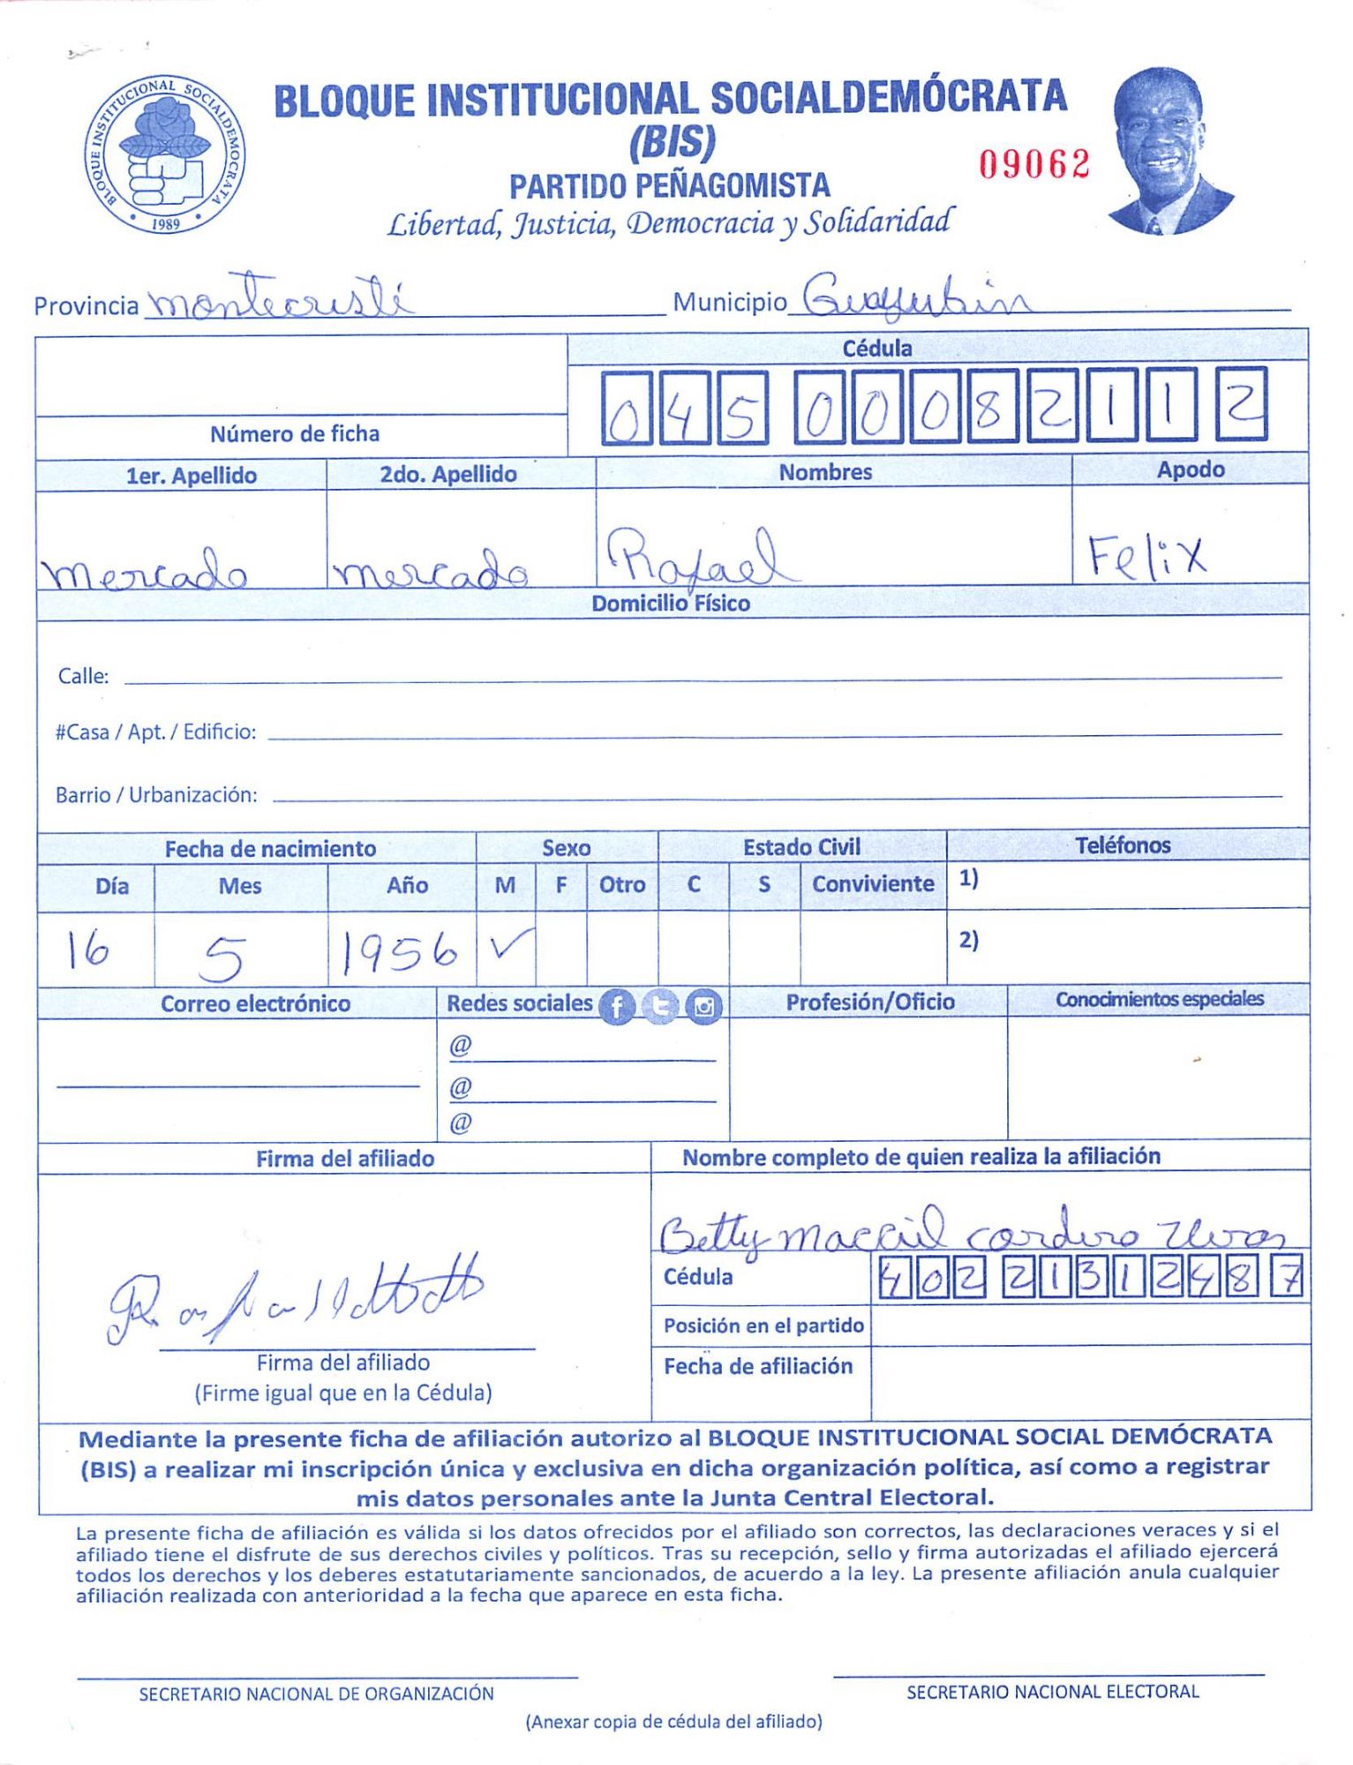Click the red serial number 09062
tap(1034, 164)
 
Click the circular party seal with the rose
tap(165, 154)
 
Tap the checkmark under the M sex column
tap(509, 946)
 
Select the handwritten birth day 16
tap(89, 950)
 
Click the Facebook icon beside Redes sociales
tap(617, 1006)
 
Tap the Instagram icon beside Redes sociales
tap(703, 1006)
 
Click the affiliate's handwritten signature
tap(295, 1298)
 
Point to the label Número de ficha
tap(295, 434)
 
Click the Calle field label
tap(83, 676)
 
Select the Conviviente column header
tap(872, 883)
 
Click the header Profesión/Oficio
tap(869, 1002)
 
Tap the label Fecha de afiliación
tap(757, 1366)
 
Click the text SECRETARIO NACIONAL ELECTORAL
tap(1052, 1692)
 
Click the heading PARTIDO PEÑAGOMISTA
tap(669, 186)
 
